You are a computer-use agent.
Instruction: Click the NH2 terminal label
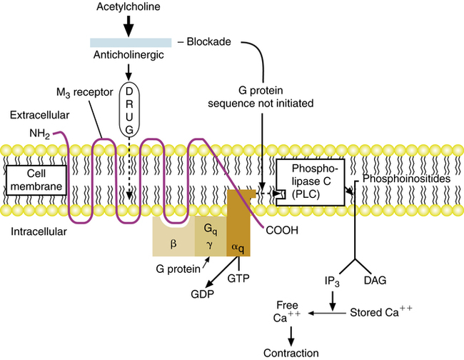pyautogui.click(x=39, y=134)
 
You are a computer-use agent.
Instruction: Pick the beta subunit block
pyautogui.click(x=173, y=242)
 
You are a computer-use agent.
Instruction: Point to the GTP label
pyautogui.click(x=239, y=277)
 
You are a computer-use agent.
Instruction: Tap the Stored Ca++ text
pyautogui.click(x=382, y=313)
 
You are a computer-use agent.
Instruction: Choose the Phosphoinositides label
pyautogui.click(x=406, y=179)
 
